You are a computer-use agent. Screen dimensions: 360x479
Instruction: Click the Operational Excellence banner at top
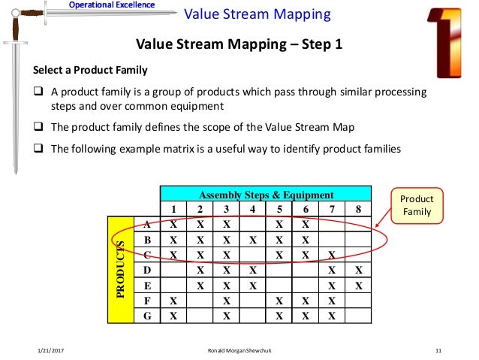click(x=111, y=5)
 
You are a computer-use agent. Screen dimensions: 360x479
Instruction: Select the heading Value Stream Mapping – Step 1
click(x=238, y=44)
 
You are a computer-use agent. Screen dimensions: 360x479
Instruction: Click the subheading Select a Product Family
click(x=89, y=71)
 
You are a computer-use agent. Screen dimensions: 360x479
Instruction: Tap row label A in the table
click(x=146, y=223)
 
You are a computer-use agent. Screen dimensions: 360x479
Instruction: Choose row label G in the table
click(x=146, y=316)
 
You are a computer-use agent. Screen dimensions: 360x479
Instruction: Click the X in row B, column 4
click(x=254, y=239)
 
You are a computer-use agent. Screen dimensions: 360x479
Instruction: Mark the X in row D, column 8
click(x=358, y=270)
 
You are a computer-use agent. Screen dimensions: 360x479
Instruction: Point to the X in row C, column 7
click(x=332, y=254)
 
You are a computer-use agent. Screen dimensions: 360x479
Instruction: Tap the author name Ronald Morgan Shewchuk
click(x=239, y=351)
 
